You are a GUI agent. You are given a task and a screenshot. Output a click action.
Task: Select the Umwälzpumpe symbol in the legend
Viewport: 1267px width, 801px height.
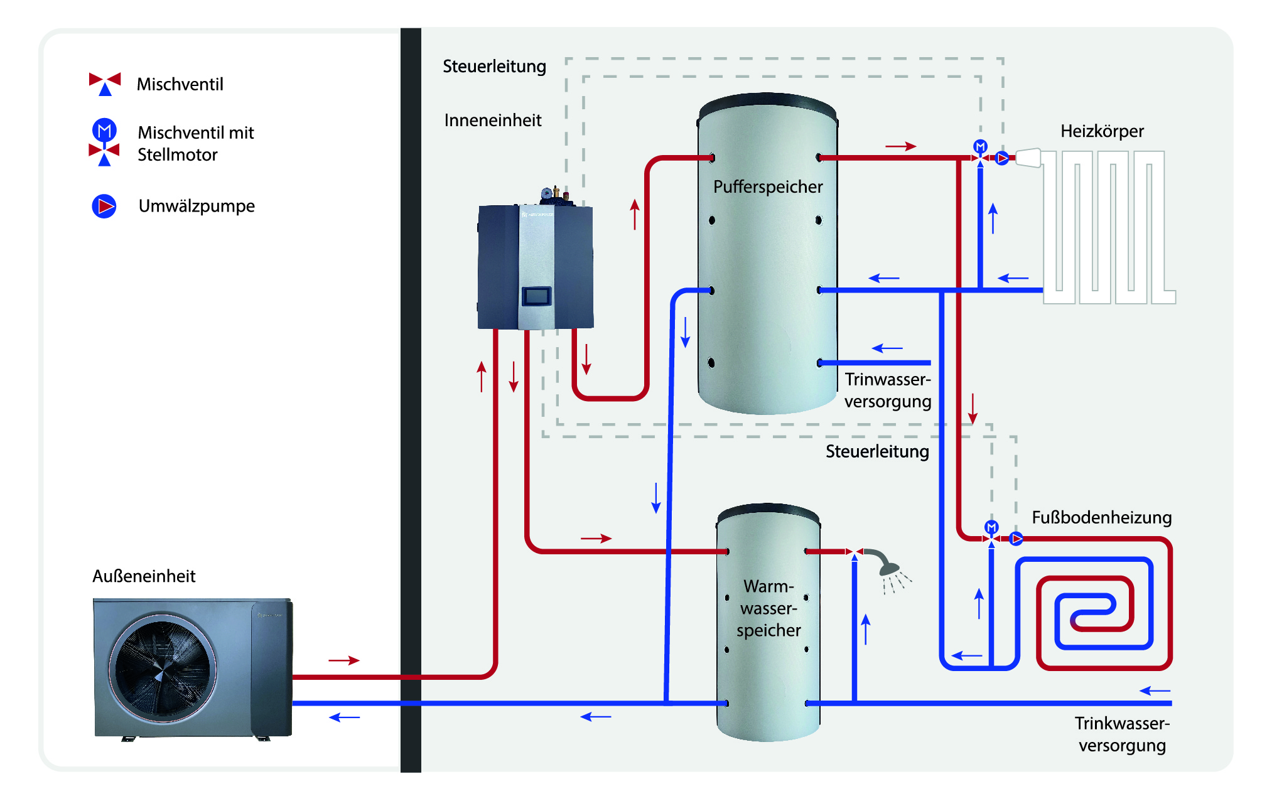click(x=104, y=206)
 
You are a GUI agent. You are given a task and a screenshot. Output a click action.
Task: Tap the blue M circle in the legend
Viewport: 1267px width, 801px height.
click(x=104, y=130)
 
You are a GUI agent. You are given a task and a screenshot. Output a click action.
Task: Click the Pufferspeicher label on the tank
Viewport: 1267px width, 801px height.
click(x=767, y=186)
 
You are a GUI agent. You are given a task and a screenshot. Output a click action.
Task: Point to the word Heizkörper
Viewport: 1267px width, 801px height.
click(x=1102, y=131)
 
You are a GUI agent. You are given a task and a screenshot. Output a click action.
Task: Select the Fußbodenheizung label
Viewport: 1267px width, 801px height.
click(x=1101, y=517)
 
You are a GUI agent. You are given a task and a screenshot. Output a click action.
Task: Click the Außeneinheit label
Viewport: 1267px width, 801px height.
click(x=144, y=576)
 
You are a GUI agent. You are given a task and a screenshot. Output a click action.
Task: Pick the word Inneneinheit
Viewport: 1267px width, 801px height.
click(x=493, y=120)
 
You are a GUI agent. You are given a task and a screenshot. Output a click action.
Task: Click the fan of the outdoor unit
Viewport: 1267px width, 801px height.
click(x=163, y=667)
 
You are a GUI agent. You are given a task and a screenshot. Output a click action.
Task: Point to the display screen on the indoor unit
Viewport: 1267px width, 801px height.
click(x=536, y=296)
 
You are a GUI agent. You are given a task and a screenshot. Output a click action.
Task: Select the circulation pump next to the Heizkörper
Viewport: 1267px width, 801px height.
click(x=1003, y=158)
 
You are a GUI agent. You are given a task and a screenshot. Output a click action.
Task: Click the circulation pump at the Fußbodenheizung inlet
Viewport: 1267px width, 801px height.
click(x=1016, y=538)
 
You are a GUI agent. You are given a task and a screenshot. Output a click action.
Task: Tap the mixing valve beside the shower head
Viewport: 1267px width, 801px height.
click(x=854, y=552)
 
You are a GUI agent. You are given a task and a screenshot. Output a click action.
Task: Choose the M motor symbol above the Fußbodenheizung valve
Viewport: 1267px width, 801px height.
click(x=991, y=526)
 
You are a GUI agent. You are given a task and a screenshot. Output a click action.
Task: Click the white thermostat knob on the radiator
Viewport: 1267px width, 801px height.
click(x=1028, y=158)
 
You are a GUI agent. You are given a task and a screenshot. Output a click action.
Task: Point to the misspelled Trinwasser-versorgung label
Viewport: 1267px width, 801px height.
click(x=887, y=390)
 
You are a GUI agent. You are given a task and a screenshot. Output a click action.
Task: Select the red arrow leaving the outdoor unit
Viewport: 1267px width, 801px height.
click(x=344, y=660)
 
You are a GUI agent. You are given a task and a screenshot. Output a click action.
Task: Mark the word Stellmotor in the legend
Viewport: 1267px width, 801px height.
click(x=178, y=154)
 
